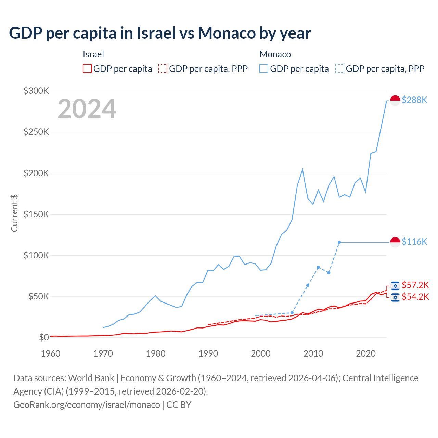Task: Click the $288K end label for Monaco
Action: pyautogui.click(x=414, y=100)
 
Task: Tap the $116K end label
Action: pyautogui.click(x=414, y=242)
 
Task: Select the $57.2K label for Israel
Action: pyautogui.click(x=415, y=285)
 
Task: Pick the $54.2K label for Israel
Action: pyautogui.click(x=415, y=297)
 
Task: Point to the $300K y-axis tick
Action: pyautogui.click(x=36, y=91)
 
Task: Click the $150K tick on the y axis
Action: pyautogui.click(x=36, y=214)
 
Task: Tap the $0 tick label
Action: pyautogui.click(x=44, y=337)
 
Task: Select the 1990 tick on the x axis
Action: pyautogui.click(x=208, y=353)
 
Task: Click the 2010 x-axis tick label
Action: pyautogui.click(x=313, y=353)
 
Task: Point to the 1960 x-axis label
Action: pyautogui.click(x=51, y=353)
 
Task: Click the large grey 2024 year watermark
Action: pyautogui.click(x=87, y=109)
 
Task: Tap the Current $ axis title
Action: pyautogui.click(x=14, y=213)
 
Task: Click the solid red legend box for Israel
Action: pyautogui.click(x=87, y=69)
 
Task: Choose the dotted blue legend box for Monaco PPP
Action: pyautogui.click(x=340, y=69)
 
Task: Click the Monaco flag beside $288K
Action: pyautogui.click(x=395, y=101)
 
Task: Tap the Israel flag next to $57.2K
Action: pyautogui.click(x=395, y=286)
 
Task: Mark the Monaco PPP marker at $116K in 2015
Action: pyautogui.click(x=339, y=242)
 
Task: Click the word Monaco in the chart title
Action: pyautogui.click(x=227, y=33)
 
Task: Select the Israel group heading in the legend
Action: pyautogui.click(x=93, y=54)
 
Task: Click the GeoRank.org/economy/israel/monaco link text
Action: pyautogui.click(x=87, y=405)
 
